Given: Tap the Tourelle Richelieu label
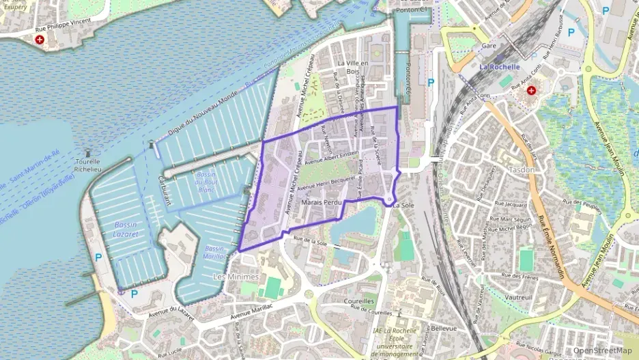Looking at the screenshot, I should [x=87, y=167].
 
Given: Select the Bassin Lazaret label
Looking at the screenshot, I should [x=126, y=229].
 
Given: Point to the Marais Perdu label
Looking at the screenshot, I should [x=321, y=204].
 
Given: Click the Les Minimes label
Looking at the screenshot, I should [x=236, y=277].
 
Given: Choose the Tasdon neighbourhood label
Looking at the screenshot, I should [x=522, y=169].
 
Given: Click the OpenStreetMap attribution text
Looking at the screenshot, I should [x=602, y=350].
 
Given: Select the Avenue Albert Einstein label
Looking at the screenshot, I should [x=331, y=158].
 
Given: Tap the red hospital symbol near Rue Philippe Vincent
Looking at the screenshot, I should [x=39, y=40].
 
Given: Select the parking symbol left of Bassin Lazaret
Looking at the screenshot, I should [x=99, y=258].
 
